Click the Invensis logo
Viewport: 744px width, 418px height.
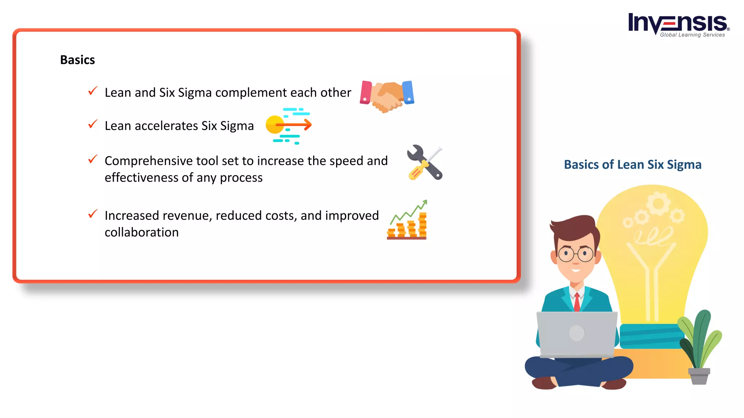coord(678,25)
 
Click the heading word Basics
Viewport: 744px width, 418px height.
coord(77,60)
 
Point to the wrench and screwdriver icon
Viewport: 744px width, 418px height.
coord(425,163)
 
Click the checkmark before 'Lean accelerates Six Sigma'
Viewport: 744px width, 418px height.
coord(93,124)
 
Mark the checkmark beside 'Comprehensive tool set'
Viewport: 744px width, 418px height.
coord(93,159)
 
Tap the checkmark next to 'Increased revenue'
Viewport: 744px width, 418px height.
coord(93,214)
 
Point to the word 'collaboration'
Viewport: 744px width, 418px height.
coord(142,232)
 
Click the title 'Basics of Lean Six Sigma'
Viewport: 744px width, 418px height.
coord(632,165)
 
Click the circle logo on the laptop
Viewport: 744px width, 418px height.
coord(577,333)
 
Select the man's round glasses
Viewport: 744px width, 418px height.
coord(575,254)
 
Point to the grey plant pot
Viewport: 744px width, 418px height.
coord(699,376)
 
